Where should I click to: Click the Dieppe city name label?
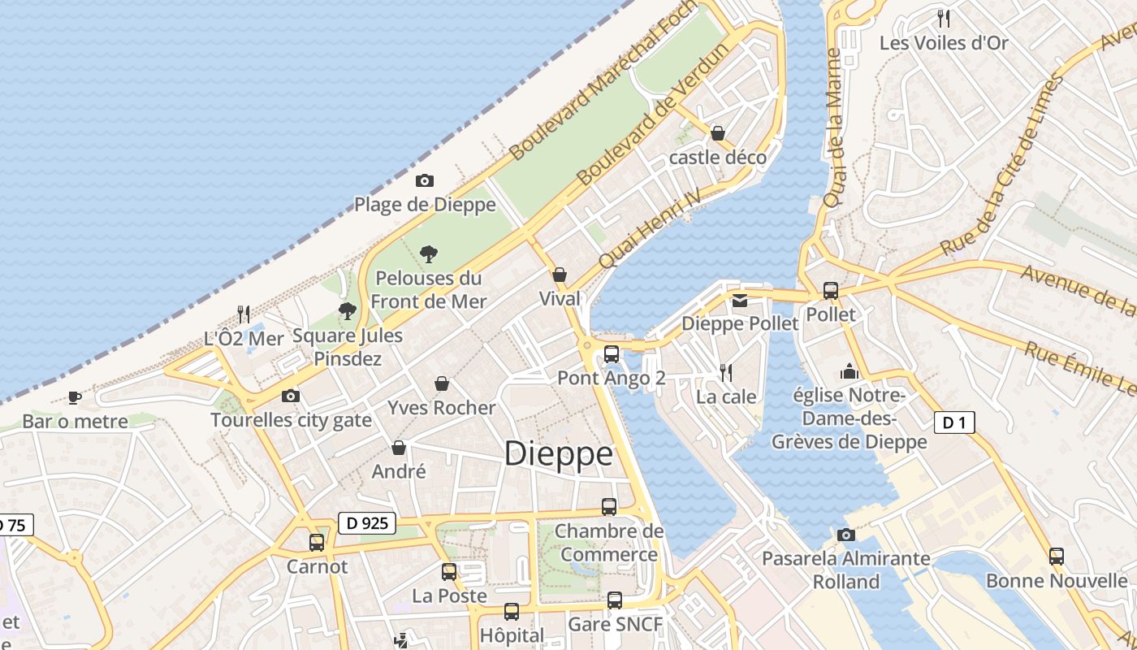[x=558, y=453]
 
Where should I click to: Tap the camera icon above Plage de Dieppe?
[x=424, y=181]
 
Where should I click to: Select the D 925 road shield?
[x=366, y=524]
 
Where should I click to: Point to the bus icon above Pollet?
[x=830, y=290]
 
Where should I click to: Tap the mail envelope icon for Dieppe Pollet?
[x=739, y=301]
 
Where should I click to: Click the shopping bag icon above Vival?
[x=559, y=275]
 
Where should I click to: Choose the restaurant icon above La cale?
[x=726, y=373]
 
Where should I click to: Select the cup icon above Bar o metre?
[x=75, y=397]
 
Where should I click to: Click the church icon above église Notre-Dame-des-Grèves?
[x=849, y=371]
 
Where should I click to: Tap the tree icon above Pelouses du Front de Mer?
[x=429, y=254]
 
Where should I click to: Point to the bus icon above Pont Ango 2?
[x=612, y=354]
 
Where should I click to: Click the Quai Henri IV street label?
[x=649, y=229]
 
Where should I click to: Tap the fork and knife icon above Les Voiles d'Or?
[x=943, y=18]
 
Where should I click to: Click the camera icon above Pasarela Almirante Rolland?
[x=845, y=535]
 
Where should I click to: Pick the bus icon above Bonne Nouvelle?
[x=1056, y=557]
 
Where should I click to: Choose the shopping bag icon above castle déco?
[x=717, y=133]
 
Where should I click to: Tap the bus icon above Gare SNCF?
[x=615, y=600]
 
